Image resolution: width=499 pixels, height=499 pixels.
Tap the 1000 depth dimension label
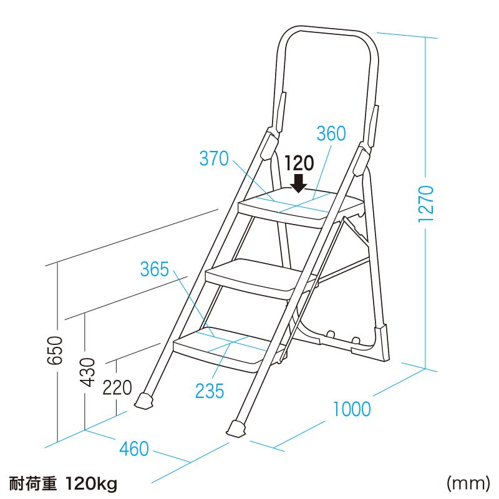(351, 409)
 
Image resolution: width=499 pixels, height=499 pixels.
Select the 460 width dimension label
(134, 448)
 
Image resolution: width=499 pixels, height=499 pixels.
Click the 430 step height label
(87, 372)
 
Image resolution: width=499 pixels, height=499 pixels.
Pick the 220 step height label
(117, 388)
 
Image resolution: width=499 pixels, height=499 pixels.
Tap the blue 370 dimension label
(214, 159)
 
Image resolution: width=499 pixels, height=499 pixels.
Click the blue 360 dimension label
(331, 134)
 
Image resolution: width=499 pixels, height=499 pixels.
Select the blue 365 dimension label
(154, 269)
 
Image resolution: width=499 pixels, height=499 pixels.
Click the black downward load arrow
(298, 182)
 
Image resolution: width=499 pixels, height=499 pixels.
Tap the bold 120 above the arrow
(298, 163)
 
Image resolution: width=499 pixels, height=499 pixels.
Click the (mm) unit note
(467, 483)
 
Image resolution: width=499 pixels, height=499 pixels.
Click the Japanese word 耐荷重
(32, 483)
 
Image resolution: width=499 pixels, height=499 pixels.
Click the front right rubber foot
(236, 429)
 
